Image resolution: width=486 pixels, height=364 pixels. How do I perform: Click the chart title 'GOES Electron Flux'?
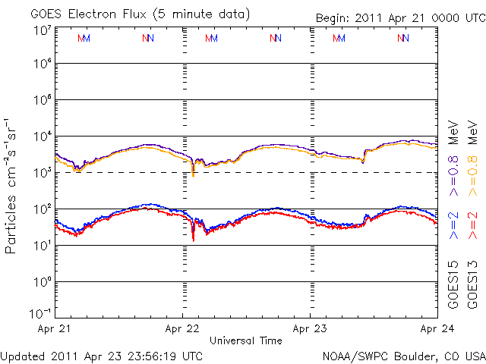88,14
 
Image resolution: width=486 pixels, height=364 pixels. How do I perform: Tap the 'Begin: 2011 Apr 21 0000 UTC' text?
401,18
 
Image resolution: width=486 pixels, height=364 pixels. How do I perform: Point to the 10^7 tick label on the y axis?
43,31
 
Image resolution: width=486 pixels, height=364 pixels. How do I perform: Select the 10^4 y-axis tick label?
43,136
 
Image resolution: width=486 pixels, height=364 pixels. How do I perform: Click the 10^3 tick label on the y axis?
43,173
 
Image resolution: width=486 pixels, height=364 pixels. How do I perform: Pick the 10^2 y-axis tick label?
43,209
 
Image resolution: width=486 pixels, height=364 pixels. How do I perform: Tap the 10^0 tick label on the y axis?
43,282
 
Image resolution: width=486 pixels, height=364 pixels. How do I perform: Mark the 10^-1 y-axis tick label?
40,313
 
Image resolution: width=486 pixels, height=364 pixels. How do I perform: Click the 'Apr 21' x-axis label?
54,328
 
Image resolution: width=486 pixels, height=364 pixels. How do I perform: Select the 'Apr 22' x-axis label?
182,328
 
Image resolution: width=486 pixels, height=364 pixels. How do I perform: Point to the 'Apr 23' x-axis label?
310,328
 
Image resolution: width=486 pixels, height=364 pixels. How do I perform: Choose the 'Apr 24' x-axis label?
437,328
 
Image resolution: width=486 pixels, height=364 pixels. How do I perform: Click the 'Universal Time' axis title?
246,340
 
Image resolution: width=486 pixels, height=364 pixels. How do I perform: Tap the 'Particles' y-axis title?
10,224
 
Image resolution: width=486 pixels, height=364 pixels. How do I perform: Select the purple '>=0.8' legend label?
453,176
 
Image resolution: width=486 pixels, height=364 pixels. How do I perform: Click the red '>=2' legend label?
472,226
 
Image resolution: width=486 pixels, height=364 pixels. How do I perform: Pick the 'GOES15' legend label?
453,285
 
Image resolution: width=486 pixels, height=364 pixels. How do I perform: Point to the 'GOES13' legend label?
472,285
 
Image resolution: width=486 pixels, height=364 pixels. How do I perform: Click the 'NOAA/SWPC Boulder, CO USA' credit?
404,356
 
